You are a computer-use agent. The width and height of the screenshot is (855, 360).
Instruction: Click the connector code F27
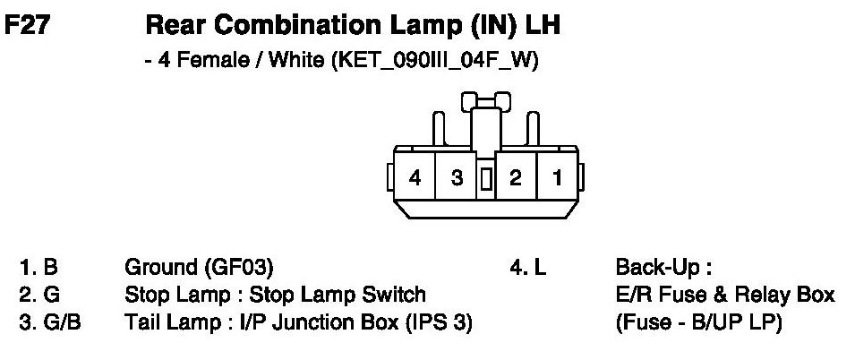32,26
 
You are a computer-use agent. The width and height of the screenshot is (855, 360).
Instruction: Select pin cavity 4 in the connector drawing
415,177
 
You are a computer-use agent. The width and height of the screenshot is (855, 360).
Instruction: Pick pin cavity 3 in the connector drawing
457,177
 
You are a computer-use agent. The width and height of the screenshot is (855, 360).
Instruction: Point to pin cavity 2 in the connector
515,177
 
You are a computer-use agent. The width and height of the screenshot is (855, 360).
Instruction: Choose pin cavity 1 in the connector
557,177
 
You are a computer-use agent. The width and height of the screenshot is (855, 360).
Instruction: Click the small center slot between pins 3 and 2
486,178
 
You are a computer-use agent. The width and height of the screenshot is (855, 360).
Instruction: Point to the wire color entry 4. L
528,267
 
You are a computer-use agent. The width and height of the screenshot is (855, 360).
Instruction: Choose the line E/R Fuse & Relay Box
725,295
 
